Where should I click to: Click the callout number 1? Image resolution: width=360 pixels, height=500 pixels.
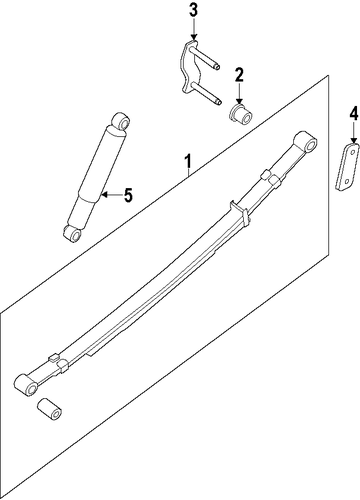pyautogui.click(x=188, y=161)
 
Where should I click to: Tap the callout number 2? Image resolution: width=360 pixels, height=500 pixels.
pyautogui.click(x=239, y=75)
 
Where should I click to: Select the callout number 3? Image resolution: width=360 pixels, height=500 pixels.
pyautogui.click(x=194, y=10)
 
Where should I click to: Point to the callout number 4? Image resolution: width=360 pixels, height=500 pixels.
pyautogui.click(x=354, y=114)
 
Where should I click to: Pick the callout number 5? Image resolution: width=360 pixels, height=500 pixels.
pyautogui.click(x=128, y=195)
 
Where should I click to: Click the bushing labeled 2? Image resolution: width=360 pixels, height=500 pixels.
pyautogui.click(x=241, y=114)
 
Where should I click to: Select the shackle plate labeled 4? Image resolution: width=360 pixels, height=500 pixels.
pyautogui.click(x=347, y=167)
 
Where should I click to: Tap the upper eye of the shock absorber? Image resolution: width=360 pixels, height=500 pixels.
pyautogui.click(x=120, y=122)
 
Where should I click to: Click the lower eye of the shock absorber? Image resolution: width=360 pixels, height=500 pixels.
pyautogui.click(x=73, y=233)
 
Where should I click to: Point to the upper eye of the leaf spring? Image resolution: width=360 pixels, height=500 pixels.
pyautogui.click(x=306, y=141)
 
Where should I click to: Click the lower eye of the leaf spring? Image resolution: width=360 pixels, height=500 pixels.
pyautogui.click(x=27, y=386)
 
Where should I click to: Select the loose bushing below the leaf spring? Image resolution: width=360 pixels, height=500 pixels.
pyautogui.click(x=50, y=409)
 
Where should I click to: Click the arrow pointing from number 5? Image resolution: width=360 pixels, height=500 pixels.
pyautogui.click(x=112, y=195)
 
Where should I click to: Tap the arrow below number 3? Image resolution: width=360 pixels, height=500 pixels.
pyautogui.click(x=194, y=31)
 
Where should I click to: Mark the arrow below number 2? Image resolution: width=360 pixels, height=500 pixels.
pyautogui.click(x=239, y=94)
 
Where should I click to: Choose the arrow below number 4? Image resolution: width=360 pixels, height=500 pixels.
pyautogui.click(x=354, y=133)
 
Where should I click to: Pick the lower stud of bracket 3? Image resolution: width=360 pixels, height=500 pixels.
pyautogui.click(x=207, y=94)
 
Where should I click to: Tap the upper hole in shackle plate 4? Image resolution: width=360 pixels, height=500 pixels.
pyautogui.click(x=351, y=151)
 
